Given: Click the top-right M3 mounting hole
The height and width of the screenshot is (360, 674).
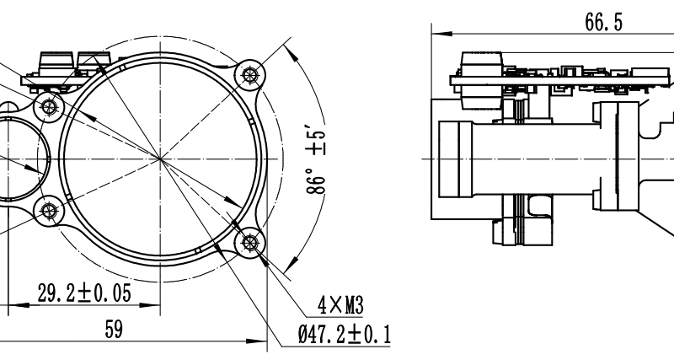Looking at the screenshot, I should coord(249,75).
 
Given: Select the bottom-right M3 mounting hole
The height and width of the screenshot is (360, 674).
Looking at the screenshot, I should coord(249,243).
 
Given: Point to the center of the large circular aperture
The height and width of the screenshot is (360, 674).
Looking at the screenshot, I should coord(159,158).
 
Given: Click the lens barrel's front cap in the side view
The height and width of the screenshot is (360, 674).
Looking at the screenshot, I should coord(455,159).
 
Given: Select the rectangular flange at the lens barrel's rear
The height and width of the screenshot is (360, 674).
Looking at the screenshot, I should coord(606,157).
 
